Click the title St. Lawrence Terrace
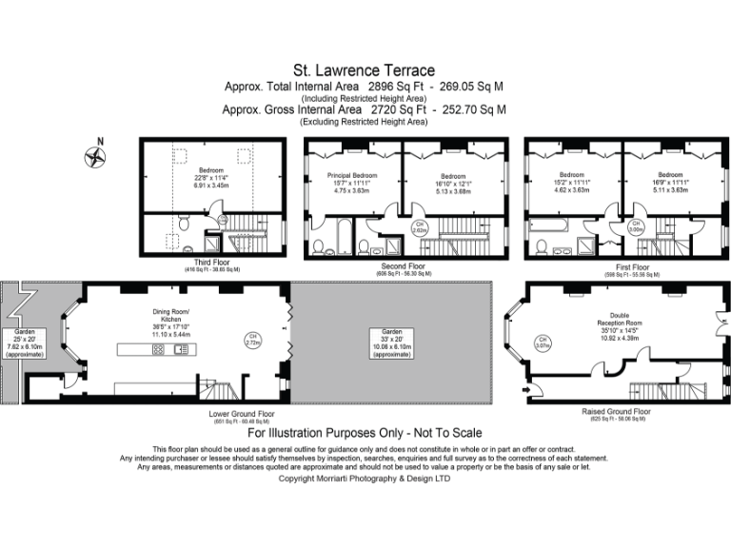pyautogui.click(x=364, y=70)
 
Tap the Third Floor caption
pyautogui.click(x=211, y=264)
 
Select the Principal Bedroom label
pyautogui.click(x=351, y=176)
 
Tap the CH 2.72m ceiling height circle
pyautogui.click(x=252, y=339)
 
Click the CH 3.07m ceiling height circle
pyautogui.click(x=542, y=342)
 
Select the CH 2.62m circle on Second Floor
pyautogui.click(x=419, y=227)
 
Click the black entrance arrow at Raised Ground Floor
pyautogui.click(x=524, y=388)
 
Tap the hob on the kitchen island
pyautogui.click(x=158, y=349)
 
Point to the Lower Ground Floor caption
pyautogui.click(x=242, y=415)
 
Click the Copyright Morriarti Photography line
pyautogui.click(x=365, y=479)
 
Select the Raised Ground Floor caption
pyautogui.click(x=616, y=412)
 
